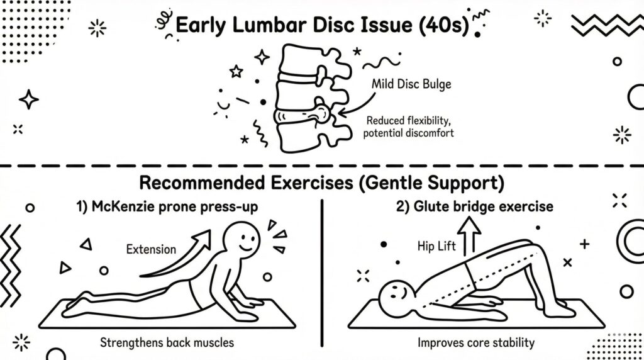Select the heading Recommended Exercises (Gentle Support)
[x=321, y=183]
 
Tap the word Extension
[x=151, y=249]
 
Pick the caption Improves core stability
[x=476, y=342]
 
